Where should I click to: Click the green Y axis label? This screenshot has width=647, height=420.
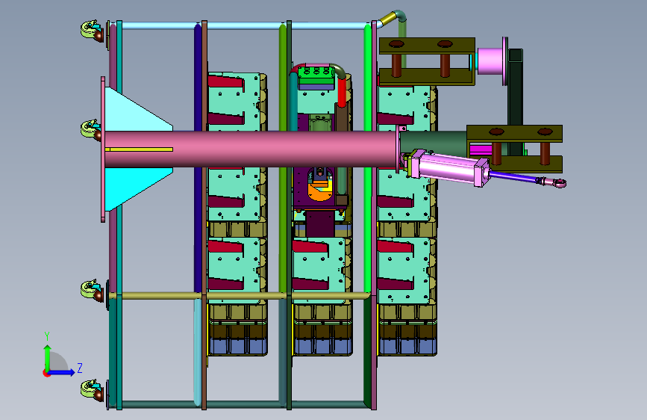tap(47, 336)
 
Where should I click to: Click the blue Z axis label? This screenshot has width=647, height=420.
tap(80, 368)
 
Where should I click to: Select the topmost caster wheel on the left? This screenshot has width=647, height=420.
tap(92, 31)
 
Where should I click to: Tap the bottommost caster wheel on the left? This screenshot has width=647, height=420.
tap(92, 391)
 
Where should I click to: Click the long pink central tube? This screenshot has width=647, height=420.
tap(251, 149)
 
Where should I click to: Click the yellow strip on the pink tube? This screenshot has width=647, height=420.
tap(139, 149)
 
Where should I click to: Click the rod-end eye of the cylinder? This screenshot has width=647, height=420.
tap(559, 182)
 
